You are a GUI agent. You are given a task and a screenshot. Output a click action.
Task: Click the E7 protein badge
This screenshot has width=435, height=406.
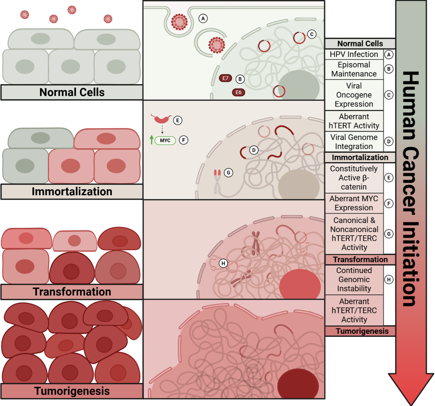click(x=225, y=78)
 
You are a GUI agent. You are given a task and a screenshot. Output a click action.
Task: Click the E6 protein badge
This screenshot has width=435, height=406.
click(x=239, y=92)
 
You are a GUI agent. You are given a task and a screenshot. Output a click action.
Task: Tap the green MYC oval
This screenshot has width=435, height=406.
click(x=165, y=141)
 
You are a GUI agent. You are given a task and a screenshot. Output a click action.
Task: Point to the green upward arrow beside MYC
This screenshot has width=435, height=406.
click(x=152, y=140)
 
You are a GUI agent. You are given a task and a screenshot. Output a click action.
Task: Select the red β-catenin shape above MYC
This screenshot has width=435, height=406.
click(x=161, y=119)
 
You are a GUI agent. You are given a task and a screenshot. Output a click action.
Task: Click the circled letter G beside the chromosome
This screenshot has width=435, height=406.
click(x=228, y=172)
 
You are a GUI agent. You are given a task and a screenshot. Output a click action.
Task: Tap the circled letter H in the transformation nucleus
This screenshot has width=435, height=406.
click(x=223, y=263)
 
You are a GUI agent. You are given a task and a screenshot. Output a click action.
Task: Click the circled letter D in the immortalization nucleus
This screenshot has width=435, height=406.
click(x=254, y=150)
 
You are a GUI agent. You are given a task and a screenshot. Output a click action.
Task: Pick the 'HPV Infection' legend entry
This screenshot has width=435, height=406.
click(x=354, y=55)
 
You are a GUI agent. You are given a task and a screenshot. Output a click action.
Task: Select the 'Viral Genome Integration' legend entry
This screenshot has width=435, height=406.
click(x=354, y=142)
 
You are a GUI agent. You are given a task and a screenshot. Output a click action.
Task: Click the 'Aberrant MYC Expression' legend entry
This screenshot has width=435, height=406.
click(x=354, y=203)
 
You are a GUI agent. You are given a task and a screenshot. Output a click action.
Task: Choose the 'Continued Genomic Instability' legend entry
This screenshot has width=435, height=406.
click(x=354, y=279)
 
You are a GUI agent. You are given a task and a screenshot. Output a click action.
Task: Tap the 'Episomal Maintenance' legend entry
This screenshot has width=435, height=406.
click(x=354, y=69)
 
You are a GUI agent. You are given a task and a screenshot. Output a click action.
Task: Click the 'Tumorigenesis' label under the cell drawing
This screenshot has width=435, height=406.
click(x=72, y=391)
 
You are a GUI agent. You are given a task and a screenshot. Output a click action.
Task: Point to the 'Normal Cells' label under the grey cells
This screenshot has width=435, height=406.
click(x=72, y=92)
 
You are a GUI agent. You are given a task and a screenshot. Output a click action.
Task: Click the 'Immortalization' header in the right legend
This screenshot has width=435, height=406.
click(x=360, y=157)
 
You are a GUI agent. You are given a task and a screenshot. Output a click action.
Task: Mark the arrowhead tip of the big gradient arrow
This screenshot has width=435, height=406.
click(x=411, y=405)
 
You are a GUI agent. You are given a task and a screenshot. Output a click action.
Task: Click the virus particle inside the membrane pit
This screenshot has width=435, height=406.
click(x=179, y=22)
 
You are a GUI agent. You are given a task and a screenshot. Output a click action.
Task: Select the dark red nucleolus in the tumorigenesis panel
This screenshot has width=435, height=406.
click(x=298, y=385)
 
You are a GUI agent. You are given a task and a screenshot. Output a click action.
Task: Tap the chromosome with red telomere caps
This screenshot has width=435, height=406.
click(x=217, y=181)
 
